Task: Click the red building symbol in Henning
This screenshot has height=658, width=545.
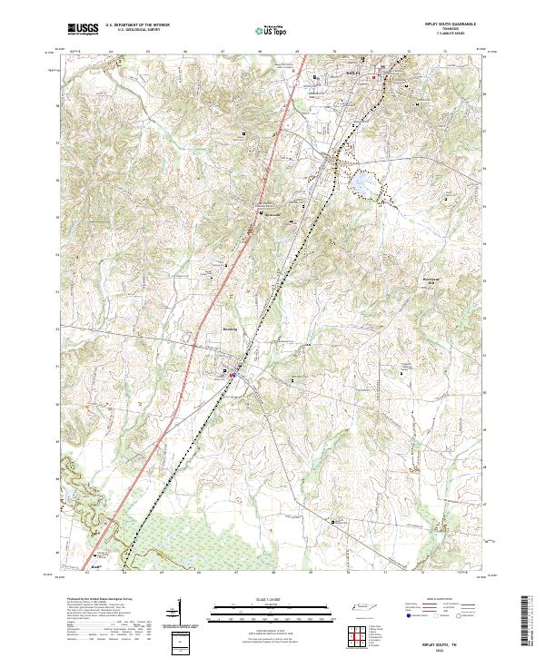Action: tap(233, 373)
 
